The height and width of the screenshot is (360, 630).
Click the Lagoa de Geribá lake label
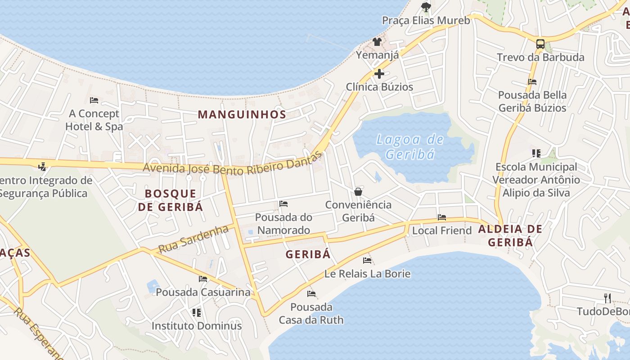tap(410, 147)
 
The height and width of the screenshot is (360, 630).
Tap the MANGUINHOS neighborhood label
tap(242, 114)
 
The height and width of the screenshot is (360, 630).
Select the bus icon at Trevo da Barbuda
tap(540, 44)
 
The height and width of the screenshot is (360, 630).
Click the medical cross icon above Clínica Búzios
tap(379, 73)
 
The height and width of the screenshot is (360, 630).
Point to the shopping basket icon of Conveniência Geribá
tap(358, 192)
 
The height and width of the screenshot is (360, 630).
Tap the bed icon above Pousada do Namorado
tap(283, 204)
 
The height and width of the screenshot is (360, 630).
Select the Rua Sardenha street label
tap(193, 238)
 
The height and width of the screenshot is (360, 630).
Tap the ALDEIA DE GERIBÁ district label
tap(510, 235)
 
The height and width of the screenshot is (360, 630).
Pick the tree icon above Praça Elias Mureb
tap(426, 7)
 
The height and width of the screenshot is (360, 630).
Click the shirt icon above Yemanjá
tap(377, 42)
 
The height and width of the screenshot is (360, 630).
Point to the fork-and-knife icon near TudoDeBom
tap(607, 298)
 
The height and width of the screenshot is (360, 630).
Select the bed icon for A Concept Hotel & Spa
tap(94, 100)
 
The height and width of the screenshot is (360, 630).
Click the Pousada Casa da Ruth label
tap(311, 314)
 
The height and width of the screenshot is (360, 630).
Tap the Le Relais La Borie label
tap(367, 274)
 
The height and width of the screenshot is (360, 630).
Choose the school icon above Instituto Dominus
tap(196, 312)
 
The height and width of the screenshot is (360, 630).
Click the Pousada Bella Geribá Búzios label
tap(532, 102)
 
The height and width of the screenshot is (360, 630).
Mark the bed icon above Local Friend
tap(442, 217)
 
